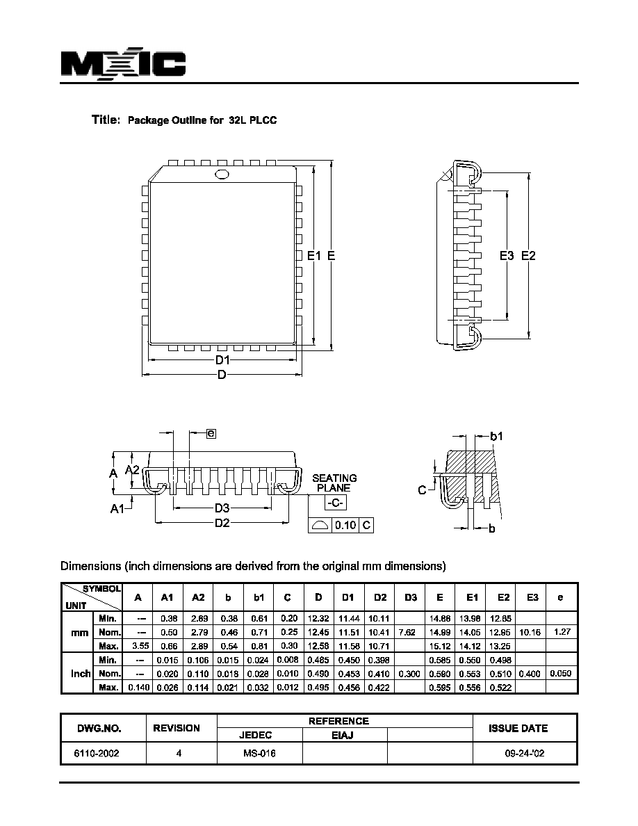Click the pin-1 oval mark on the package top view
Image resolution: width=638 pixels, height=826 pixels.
222,175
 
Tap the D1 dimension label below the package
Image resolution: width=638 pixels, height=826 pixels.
222,360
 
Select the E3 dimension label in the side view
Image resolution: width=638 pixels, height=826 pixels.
507,255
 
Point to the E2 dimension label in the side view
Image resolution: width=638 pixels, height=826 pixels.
528,255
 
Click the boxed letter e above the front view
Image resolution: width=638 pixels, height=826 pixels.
211,434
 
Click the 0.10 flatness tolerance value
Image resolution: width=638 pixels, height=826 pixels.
345,525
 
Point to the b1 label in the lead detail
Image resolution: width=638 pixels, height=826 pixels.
496,436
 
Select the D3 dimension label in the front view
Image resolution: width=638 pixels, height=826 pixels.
222,508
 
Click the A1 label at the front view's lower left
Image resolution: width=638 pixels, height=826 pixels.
117,508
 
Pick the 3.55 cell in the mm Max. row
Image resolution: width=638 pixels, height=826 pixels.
138,646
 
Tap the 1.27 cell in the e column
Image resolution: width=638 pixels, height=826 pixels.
562,631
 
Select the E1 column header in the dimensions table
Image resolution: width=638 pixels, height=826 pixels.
472,597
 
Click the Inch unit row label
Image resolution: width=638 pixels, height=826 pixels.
81,674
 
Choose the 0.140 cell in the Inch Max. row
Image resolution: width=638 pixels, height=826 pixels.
138,688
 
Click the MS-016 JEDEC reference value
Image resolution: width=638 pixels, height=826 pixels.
259,753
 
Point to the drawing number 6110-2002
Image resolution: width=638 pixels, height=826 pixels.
97,753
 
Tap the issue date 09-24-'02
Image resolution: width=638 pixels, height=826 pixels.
524,753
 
